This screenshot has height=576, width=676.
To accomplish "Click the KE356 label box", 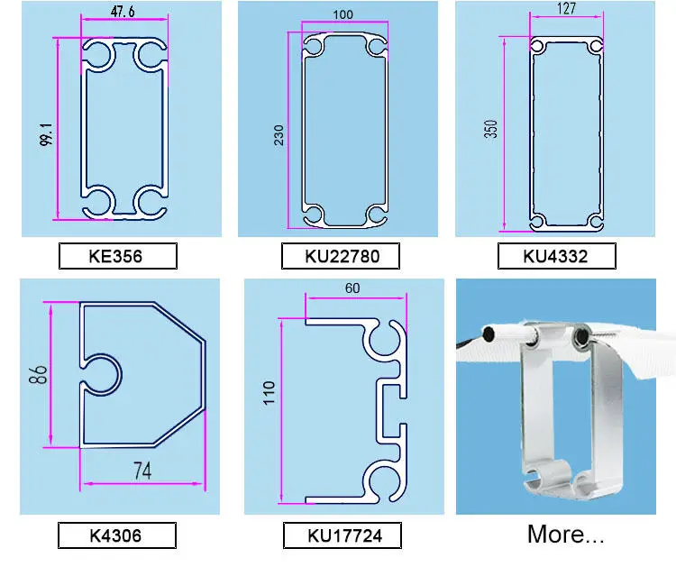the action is [118, 256].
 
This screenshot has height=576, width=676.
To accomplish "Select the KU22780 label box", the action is [341, 256].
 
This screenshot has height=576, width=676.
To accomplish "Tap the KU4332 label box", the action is [557, 256].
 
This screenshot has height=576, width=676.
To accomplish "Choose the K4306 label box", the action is [117, 535].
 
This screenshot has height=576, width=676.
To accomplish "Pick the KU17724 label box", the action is [343, 535].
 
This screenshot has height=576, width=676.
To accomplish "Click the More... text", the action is [566, 535].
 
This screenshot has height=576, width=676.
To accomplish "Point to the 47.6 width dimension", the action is [123, 12].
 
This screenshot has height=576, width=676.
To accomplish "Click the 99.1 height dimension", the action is [46, 134].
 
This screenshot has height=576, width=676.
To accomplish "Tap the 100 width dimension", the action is [343, 14].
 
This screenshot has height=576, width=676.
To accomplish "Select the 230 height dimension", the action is [279, 135].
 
